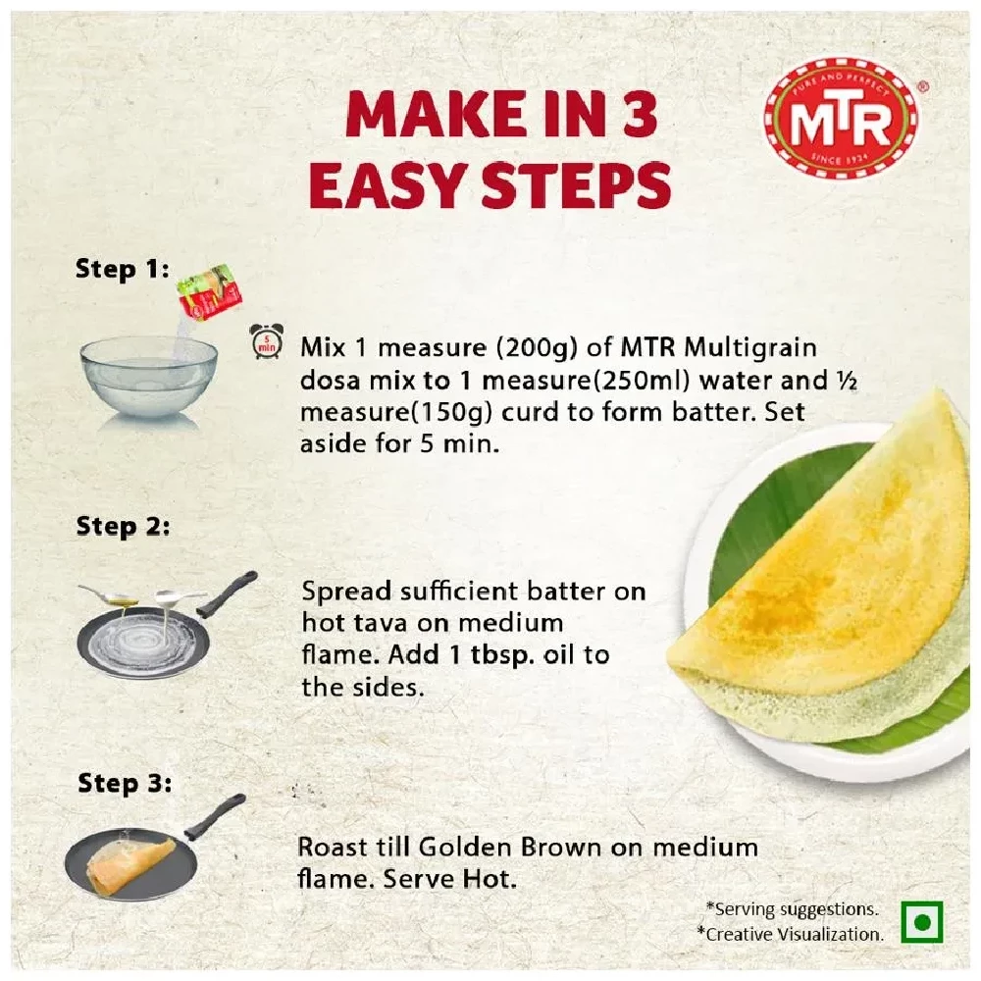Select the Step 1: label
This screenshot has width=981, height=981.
pos(123,269)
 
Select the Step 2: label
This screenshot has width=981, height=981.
pos(123,526)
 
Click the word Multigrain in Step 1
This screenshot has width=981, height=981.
pos(750,348)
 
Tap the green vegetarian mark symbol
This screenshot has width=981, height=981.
pos(922,923)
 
